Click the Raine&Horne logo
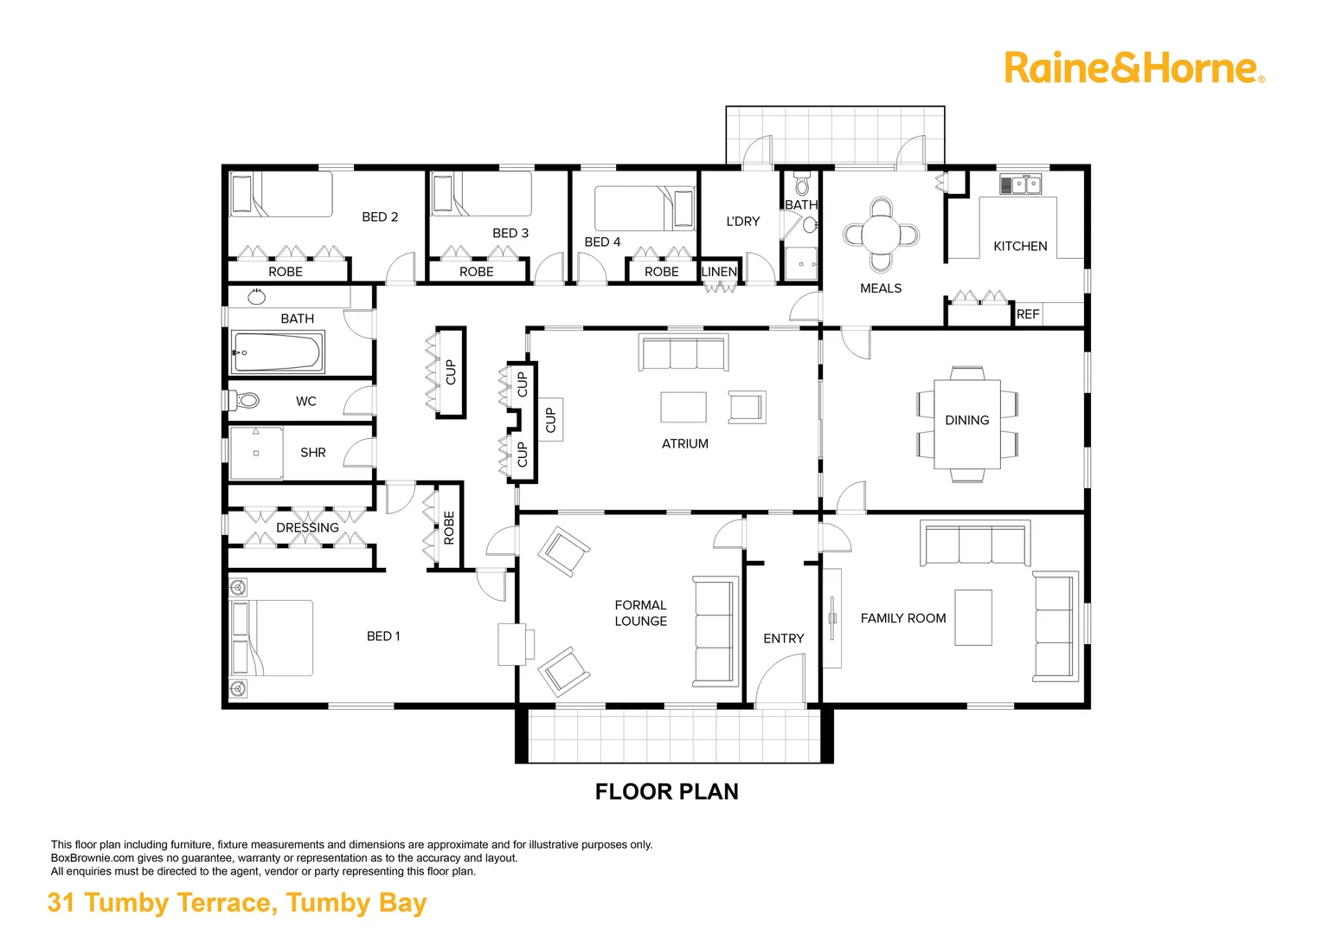pos(1133,68)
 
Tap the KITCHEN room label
pos(1020,246)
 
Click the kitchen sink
pos(1021,184)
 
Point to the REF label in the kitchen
pos(1028,314)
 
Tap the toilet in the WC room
pos(246,401)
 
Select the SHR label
pos(312,453)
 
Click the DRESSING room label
pos(307,527)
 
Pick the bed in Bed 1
pos(272,638)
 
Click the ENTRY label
pos(783,638)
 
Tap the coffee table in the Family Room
pos(972,617)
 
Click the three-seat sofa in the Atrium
pos(683,352)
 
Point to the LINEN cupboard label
pos(719,272)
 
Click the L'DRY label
pos(742,222)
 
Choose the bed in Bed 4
pos(645,209)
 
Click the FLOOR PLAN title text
pos(666,791)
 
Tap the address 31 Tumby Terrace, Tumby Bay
pos(237,902)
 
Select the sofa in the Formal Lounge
pos(714,632)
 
